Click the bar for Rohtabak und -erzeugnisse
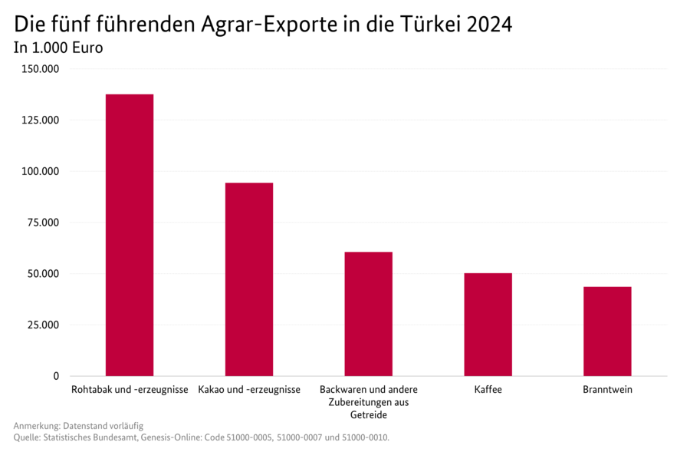pos(130,235)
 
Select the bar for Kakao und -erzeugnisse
pos(248,279)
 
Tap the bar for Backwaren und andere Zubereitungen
pos(368,314)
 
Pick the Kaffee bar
pos(488,324)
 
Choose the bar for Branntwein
pos(607,331)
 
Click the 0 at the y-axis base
pos(56,376)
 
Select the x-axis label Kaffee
pos(488,390)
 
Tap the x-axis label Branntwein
pos(607,390)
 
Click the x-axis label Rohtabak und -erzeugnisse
pos(130,390)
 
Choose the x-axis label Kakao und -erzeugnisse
pos(248,390)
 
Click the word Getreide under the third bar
pos(368,415)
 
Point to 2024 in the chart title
pos(488,25)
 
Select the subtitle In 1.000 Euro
pos(58,48)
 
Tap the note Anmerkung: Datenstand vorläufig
pos(78,425)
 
